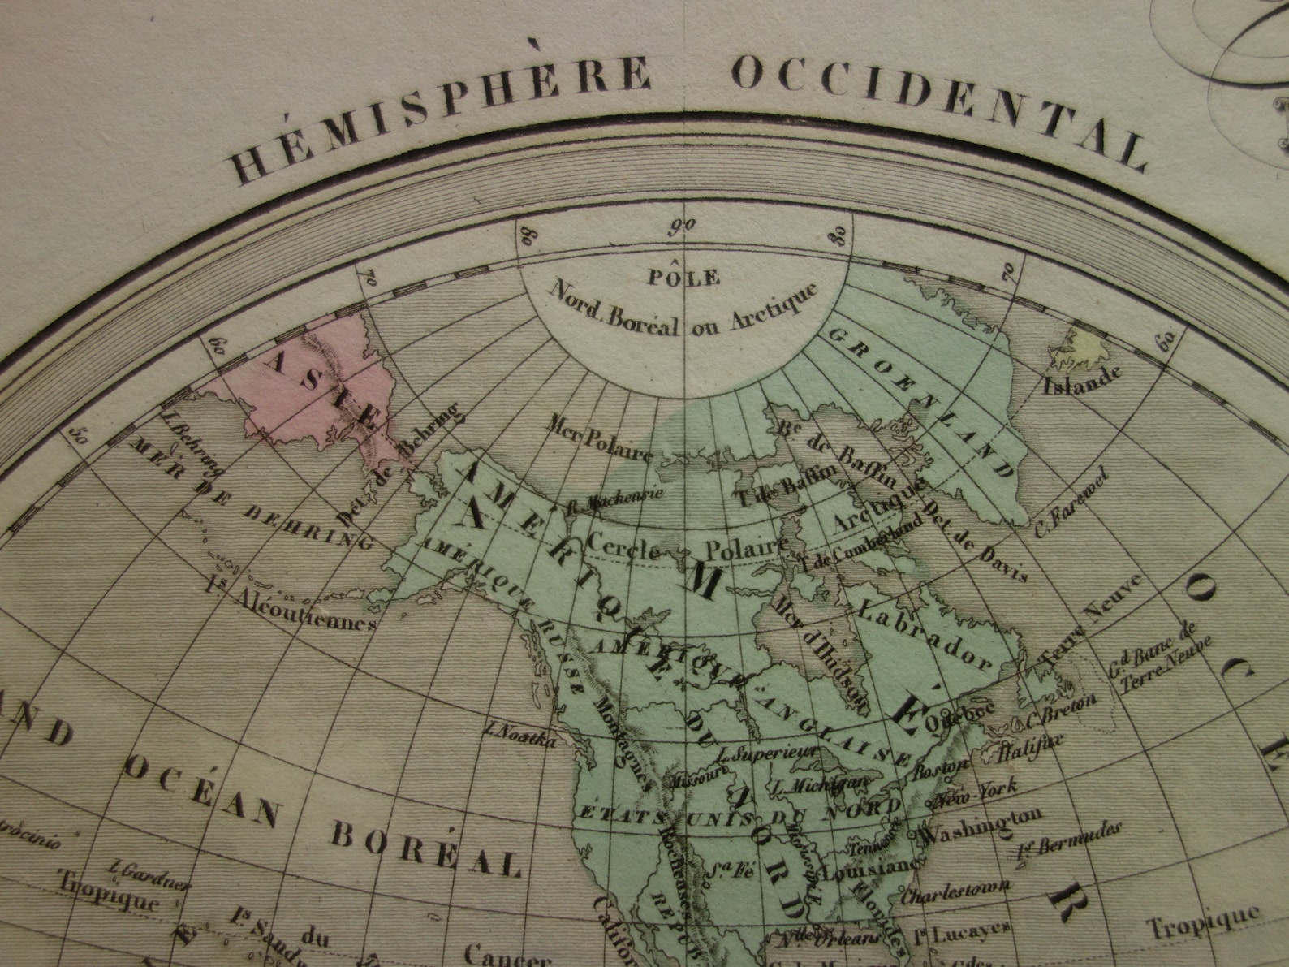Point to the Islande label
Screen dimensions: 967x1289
pos(1084,378)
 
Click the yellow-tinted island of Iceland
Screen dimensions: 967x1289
pos(1077,348)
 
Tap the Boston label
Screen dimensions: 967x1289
pos(941,767)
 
